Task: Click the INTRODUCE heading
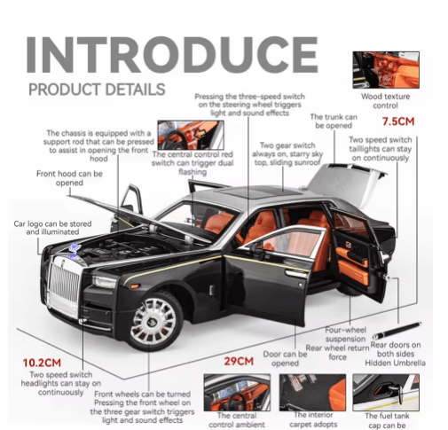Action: pos(172,55)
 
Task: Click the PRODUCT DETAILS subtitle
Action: pos(97,90)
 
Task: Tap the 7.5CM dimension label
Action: pos(398,121)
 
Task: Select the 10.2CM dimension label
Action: pos(42,363)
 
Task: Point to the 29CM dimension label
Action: pos(239,361)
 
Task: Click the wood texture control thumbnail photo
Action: pos(386,70)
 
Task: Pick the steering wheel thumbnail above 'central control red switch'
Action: pos(191,135)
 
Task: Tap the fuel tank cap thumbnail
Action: pos(386,393)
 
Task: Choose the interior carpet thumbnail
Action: pos(312,393)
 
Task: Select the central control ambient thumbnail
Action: pos(237,393)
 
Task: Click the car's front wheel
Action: pos(153,321)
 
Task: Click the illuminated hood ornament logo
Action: pos(75,251)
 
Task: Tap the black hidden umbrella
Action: pos(397,330)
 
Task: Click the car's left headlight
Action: pos(104,282)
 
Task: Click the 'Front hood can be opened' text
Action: pos(69,178)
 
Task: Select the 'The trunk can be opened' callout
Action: pos(334,121)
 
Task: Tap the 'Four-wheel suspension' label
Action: pos(345,334)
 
